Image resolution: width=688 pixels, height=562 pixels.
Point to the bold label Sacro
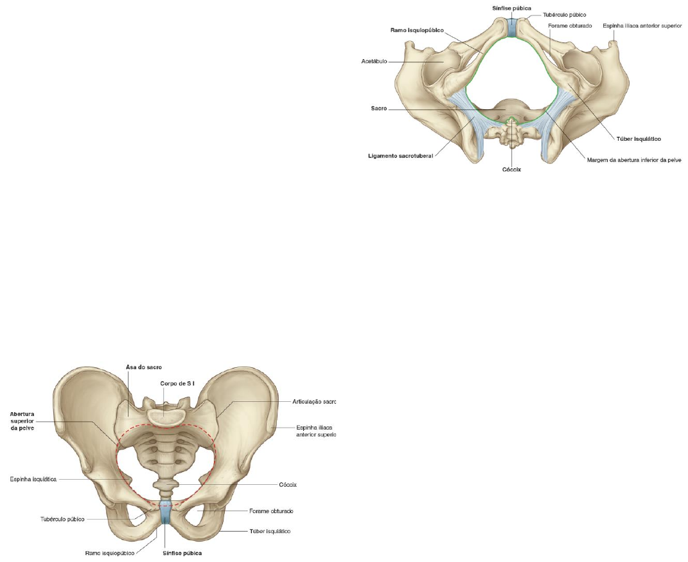378,109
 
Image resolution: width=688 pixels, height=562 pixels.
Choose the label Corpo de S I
177,383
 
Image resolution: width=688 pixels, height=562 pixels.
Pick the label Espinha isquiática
34,479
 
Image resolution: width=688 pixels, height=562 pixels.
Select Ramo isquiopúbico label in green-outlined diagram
416,30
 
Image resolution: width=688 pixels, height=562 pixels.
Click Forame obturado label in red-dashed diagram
270,511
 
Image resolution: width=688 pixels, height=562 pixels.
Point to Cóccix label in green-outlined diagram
511,170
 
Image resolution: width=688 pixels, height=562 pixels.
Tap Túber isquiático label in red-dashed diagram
270,531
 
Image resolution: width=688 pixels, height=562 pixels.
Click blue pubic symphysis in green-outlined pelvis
511,28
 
